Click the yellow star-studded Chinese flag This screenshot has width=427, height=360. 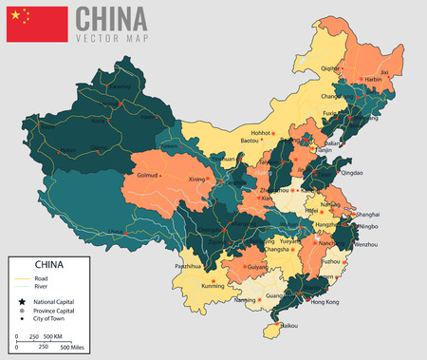(x=37, y=24)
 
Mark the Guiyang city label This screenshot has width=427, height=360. (x=255, y=267)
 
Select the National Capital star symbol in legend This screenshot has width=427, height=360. (x=18, y=302)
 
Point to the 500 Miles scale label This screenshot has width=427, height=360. (x=78, y=349)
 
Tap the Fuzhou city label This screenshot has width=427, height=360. (x=331, y=260)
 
